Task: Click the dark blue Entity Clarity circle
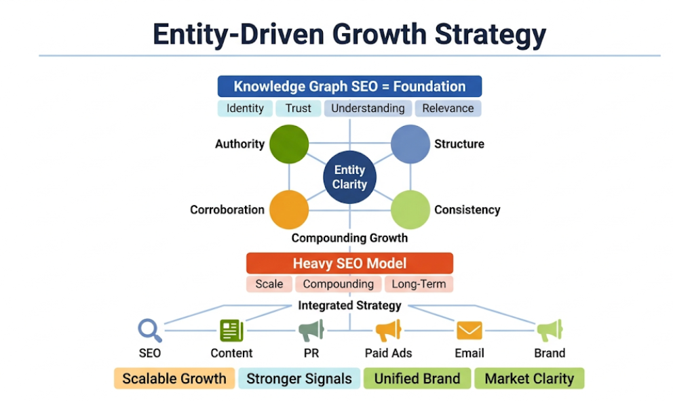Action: click(349, 177)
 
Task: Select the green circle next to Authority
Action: click(289, 144)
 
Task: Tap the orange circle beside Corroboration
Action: click(289, 209)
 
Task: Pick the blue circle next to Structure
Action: click(410, 144)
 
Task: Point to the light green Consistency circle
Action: click(410, 209)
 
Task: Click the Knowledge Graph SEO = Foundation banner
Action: click(349, 87)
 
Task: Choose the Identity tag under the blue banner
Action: click(245, 108)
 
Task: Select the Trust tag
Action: click(298, 108)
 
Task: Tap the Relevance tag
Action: click(448, 108)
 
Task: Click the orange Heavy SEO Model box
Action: click(349, 263)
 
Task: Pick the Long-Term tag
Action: click(419, 284)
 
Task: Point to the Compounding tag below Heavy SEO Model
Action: click(338, 284)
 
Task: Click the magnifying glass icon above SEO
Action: click(149, 331)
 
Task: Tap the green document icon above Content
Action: click(231, 331)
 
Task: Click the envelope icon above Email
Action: click(469, 331)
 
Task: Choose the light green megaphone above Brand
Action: click(550, 331)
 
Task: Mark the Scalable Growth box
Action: click(174, 379)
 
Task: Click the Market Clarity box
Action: click(529, 379)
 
